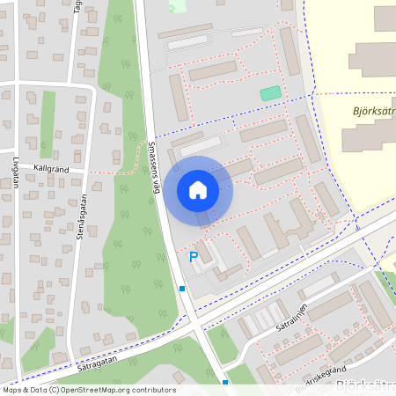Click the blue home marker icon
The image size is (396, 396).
point(198,189)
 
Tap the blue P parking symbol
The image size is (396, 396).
point(194,257)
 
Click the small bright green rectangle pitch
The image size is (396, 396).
point(270,93)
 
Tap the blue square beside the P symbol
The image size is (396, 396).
point(182,289)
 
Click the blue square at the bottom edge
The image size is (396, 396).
point(225,383)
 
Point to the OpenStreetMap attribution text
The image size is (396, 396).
point(88,389)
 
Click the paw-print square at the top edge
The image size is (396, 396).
point(178,5)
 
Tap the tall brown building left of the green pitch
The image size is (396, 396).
point(179,97)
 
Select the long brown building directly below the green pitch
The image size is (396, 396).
point(263,130)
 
